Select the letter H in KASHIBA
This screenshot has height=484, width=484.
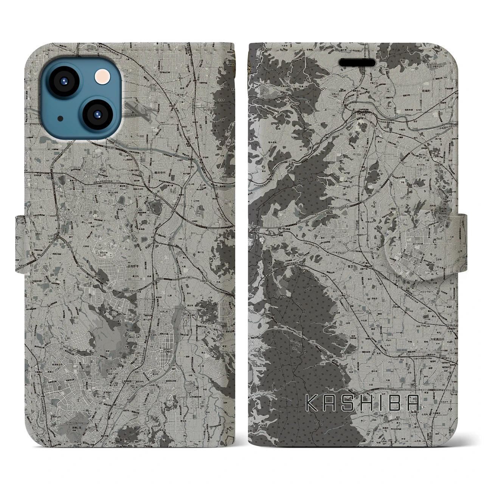363,403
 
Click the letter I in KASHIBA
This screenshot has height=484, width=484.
379,403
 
